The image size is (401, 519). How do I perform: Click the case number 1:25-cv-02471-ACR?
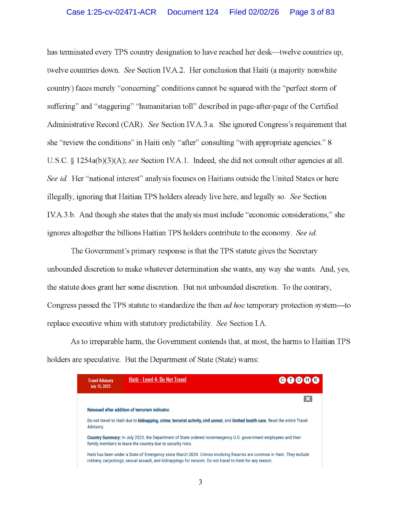[x=111, y=12]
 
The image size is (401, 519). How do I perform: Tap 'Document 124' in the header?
[x=193, y=12]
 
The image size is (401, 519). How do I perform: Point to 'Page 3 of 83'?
[x=312, y=12]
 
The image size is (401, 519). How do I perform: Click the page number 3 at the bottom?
[x=200, y=482]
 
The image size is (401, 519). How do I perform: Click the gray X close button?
[x=308, y=399]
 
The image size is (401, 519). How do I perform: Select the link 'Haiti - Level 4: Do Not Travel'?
[x=157, y=380]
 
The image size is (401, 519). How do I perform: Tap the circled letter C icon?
[x=282, y=380]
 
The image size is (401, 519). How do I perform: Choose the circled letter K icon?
[x=316, y=380]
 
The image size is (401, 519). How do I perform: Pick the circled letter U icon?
[x=299, y=380]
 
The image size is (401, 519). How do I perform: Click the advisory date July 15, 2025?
[x=100, y=386]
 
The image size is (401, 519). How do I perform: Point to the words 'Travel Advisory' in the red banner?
[x=100, y=381]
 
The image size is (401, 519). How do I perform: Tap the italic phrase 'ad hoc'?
[x=234, y=305]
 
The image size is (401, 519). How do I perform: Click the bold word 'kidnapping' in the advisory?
[x=148, y=421]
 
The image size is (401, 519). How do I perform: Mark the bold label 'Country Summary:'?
[x=104, y=437]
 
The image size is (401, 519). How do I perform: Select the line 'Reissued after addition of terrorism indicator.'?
[x=128, y=410]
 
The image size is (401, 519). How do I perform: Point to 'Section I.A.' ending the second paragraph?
[x=248, y=323]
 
